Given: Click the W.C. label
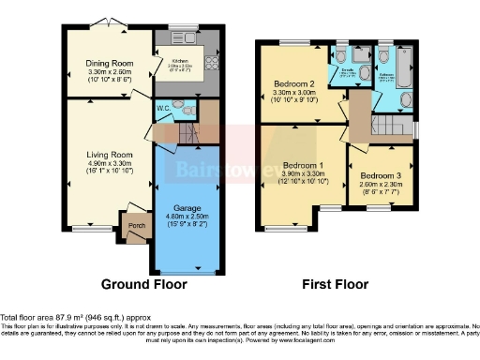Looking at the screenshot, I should tap(163, 107).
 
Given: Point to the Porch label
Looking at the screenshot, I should tap(127, 223).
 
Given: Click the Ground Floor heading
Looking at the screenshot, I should tap(143, 283).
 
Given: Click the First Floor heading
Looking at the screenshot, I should tap(335, 283).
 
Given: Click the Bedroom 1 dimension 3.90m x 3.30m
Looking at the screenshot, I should tap(303, 172).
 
